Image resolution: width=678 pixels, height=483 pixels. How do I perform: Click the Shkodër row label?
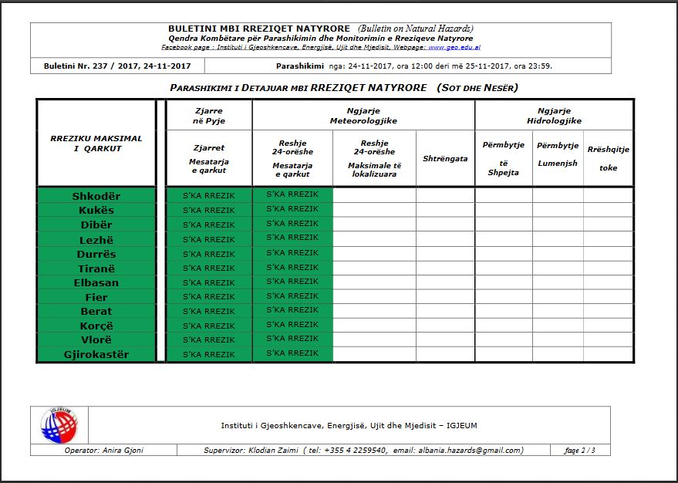tap(96, 196)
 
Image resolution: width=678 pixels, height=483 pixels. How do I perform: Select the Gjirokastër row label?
tap(96, 355)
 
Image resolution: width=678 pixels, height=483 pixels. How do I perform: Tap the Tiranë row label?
tap(96, 268)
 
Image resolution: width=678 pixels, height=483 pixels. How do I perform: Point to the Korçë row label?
tap(96, 326)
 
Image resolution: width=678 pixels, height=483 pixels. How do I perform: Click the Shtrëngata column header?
tap(445, 159)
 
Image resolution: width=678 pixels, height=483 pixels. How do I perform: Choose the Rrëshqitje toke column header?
tap(609, 158)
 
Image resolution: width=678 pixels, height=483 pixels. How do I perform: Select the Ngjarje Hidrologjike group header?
tap(554, 116)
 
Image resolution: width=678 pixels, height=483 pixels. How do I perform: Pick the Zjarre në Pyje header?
tap(209, 116)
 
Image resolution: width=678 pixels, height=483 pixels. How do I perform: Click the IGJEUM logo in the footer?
tap(59, 425)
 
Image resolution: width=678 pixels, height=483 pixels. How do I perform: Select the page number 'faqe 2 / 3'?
tap(579, 451)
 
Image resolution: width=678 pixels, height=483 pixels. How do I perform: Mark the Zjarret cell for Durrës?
tap(209, 254)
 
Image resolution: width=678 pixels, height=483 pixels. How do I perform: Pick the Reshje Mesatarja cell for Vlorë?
tap(292, 339)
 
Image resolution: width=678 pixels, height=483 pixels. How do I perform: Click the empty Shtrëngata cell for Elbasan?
tap(445, 282)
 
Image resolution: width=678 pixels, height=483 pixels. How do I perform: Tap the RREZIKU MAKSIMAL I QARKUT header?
tap(96, 144)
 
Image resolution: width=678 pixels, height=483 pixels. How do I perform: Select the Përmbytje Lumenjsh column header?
tap(558, 154)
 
